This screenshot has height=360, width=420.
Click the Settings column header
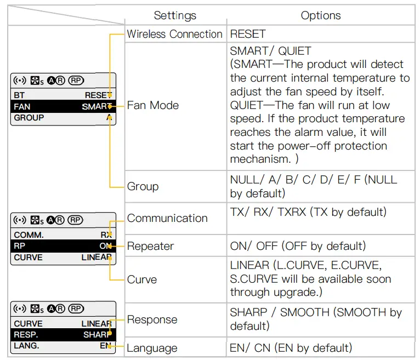point(175,15)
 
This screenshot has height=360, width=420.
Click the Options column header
point(321,15)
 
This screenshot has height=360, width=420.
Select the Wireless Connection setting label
point(174,34)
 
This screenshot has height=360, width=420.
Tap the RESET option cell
point(248,34)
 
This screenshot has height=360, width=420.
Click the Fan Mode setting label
point(153,105)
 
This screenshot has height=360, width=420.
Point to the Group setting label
point(143,186)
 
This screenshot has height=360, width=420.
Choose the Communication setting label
point(167,218)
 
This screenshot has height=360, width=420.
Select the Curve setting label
point(142,279)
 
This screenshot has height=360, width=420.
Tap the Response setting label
point(152,319)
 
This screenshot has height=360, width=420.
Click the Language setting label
point(152,348)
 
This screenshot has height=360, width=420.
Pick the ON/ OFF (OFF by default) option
point(298,246)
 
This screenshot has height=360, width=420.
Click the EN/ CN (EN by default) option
point(291,348)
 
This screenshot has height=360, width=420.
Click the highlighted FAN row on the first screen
point(63,106)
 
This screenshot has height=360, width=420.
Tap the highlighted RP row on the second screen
point(63,246)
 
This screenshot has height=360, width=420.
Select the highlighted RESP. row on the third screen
point(63,335)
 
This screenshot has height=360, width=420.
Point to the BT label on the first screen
point(19,95)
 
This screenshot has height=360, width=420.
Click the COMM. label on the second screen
point(29,235)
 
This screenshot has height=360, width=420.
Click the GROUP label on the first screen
point(29,117)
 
